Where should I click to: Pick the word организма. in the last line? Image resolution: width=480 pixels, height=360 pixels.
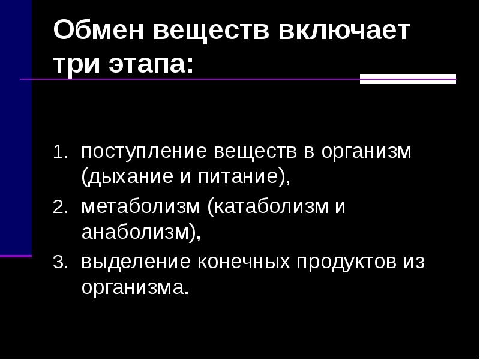135,289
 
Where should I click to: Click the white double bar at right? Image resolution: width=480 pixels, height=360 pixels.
407,79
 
